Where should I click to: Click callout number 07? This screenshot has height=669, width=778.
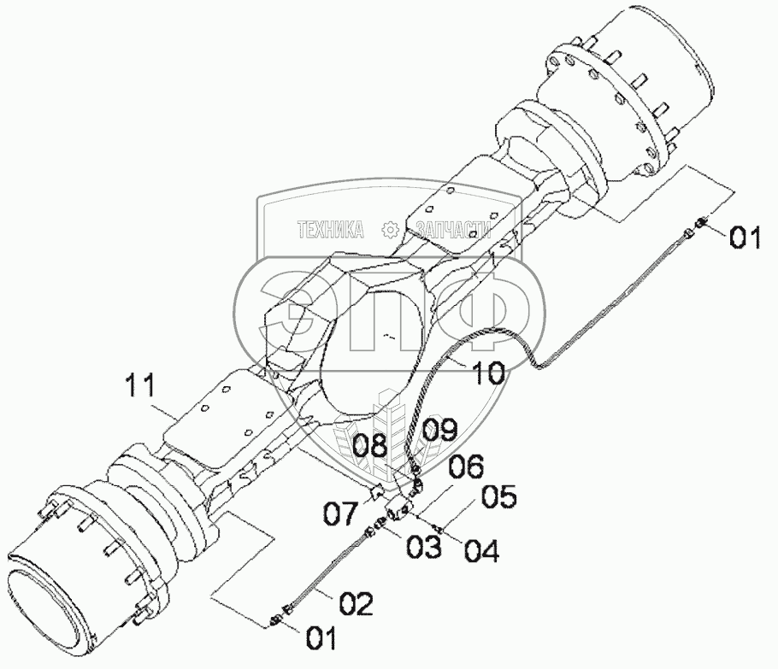[341, 514]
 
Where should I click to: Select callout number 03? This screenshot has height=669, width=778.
[424, 546]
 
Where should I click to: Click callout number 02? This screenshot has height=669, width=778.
[355, 605]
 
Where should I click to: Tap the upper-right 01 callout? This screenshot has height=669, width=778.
[744, 238]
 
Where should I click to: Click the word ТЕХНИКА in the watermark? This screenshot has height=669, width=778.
[330, 229]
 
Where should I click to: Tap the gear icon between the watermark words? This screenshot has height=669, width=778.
[390, 229]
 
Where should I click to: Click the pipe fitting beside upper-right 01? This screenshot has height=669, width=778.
[698, 224]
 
